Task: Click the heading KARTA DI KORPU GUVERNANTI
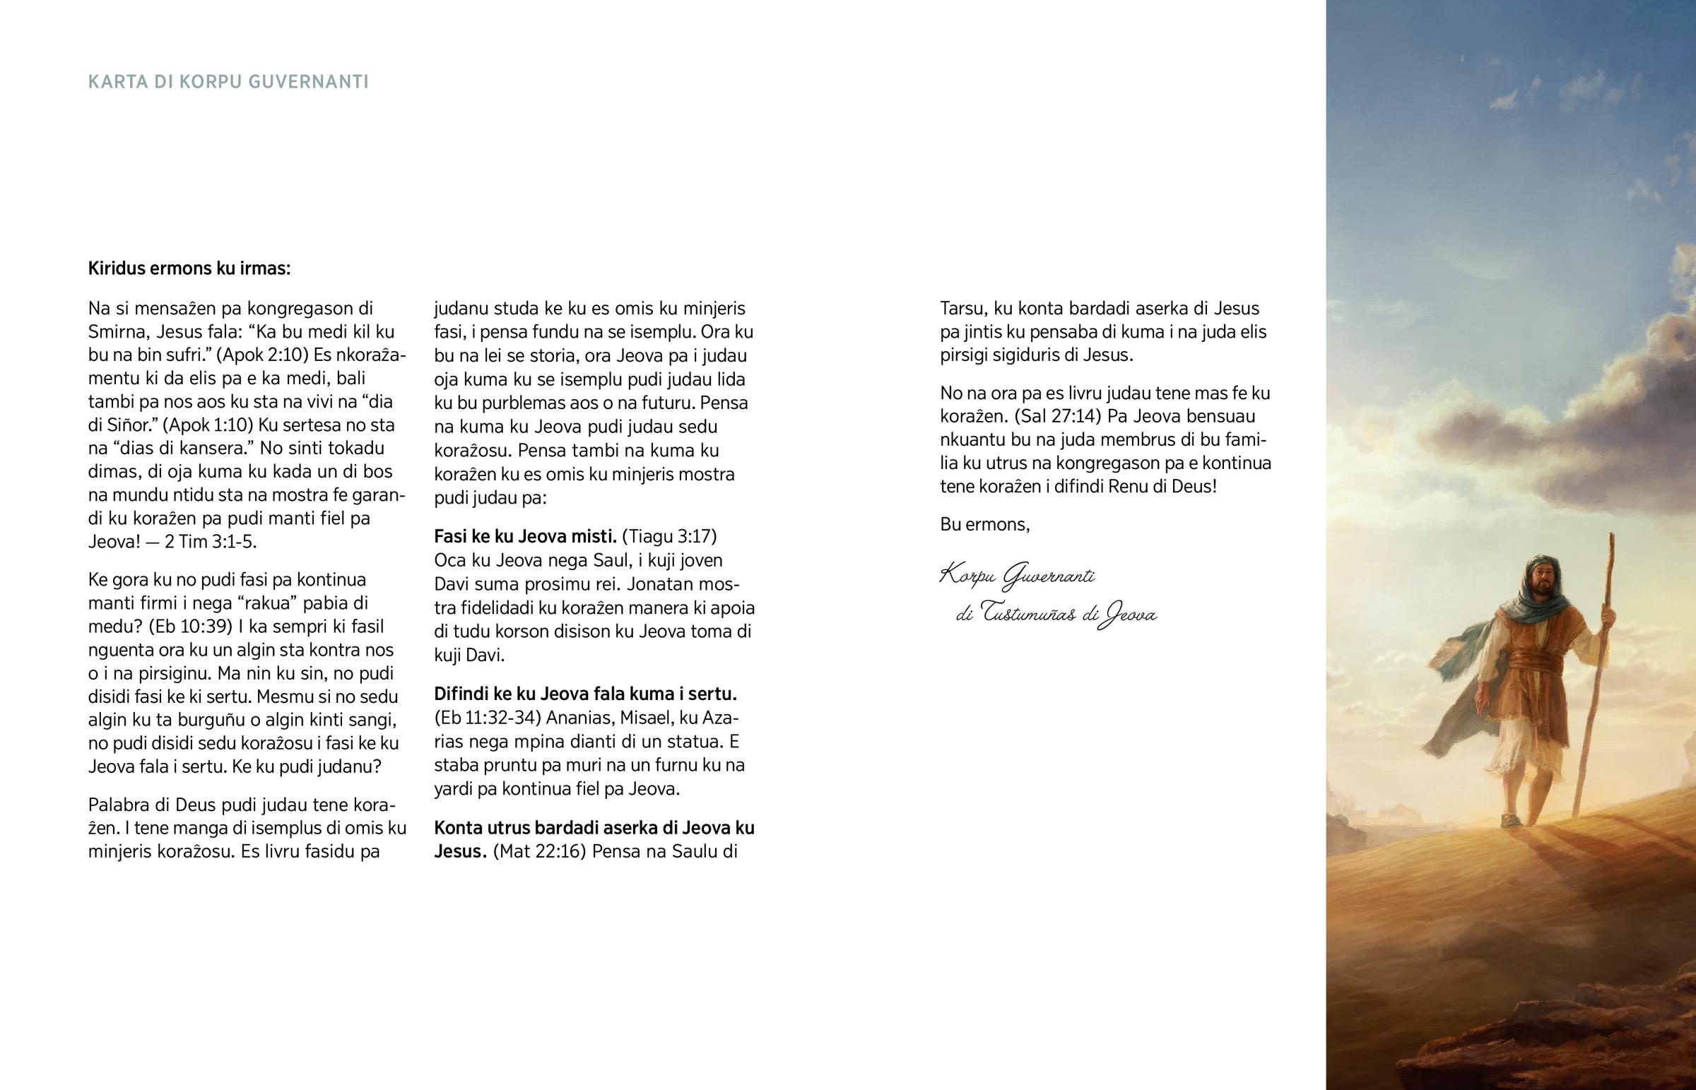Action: tap(228, 82)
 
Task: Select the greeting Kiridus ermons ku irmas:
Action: tap(189, 268)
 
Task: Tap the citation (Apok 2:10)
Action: tap(271, 355)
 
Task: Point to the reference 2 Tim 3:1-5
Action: tap(210, 541)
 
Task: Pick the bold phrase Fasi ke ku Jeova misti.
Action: tap(525, 536)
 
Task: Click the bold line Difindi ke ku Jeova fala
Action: tap(586, 694)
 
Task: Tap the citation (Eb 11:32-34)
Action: tap(488, 718)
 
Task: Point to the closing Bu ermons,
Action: tap(984, 524)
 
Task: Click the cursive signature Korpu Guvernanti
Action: tap(1017, 576)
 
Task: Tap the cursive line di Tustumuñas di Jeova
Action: tap(1056, 614)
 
